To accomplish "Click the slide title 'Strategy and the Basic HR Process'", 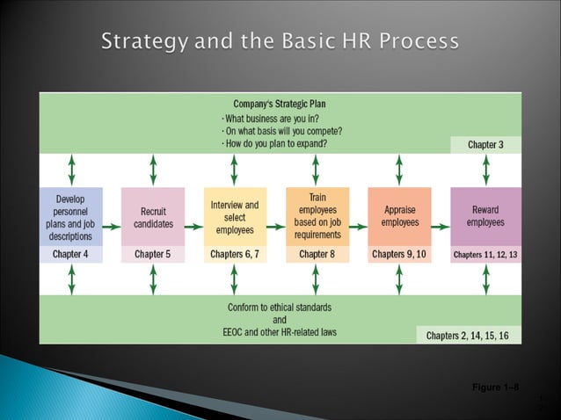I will [x=280, y=41].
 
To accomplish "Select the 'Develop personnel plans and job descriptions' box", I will [x=71, y=216].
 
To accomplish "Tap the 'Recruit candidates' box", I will [x=153, y=216].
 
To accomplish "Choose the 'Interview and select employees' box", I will [x=234, y=216].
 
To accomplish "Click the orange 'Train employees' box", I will [x=317, y=216].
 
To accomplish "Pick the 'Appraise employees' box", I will [x=399, y=216].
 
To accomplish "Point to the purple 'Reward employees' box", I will [x=485, y=216].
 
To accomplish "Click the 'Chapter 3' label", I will [x=485, y=144].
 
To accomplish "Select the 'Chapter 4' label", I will [x=71, y=255].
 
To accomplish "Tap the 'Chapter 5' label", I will [x=153, y=255].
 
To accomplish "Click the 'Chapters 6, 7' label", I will [x=234, y=255].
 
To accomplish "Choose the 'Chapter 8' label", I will [x=317, y=255].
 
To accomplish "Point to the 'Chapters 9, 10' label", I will [x=399, y=255].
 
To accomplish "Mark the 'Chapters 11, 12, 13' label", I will [x=485, y=255].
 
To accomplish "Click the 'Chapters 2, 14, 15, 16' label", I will [x=468, y=335].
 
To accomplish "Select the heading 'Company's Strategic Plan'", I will [x=279, y=104].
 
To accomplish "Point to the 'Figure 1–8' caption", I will [x=495, y=387].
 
